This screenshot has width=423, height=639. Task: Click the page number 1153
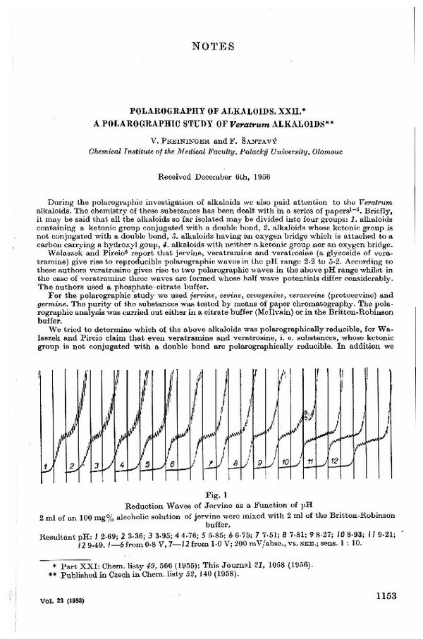(384, 595)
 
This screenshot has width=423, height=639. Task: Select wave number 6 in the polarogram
(172, 464)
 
